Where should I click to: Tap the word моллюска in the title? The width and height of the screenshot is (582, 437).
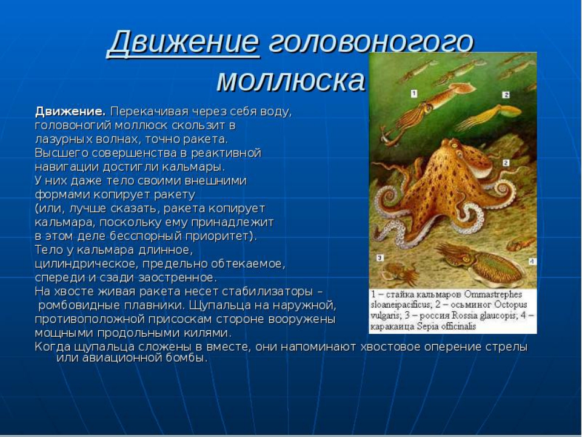pos(290,80)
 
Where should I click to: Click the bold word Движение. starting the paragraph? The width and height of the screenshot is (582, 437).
pos(70,112)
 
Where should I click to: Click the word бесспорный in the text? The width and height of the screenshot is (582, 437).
pos(142,236)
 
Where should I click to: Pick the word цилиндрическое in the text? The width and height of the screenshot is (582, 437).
pos(87,264)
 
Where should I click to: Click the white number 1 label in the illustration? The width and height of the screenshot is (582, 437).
pos(414,93)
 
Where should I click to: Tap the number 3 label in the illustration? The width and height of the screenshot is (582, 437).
pos(380,257)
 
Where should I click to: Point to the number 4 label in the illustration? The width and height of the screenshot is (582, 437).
pos(532,261)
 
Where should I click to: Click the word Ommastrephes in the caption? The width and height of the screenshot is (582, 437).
pos(493,294)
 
